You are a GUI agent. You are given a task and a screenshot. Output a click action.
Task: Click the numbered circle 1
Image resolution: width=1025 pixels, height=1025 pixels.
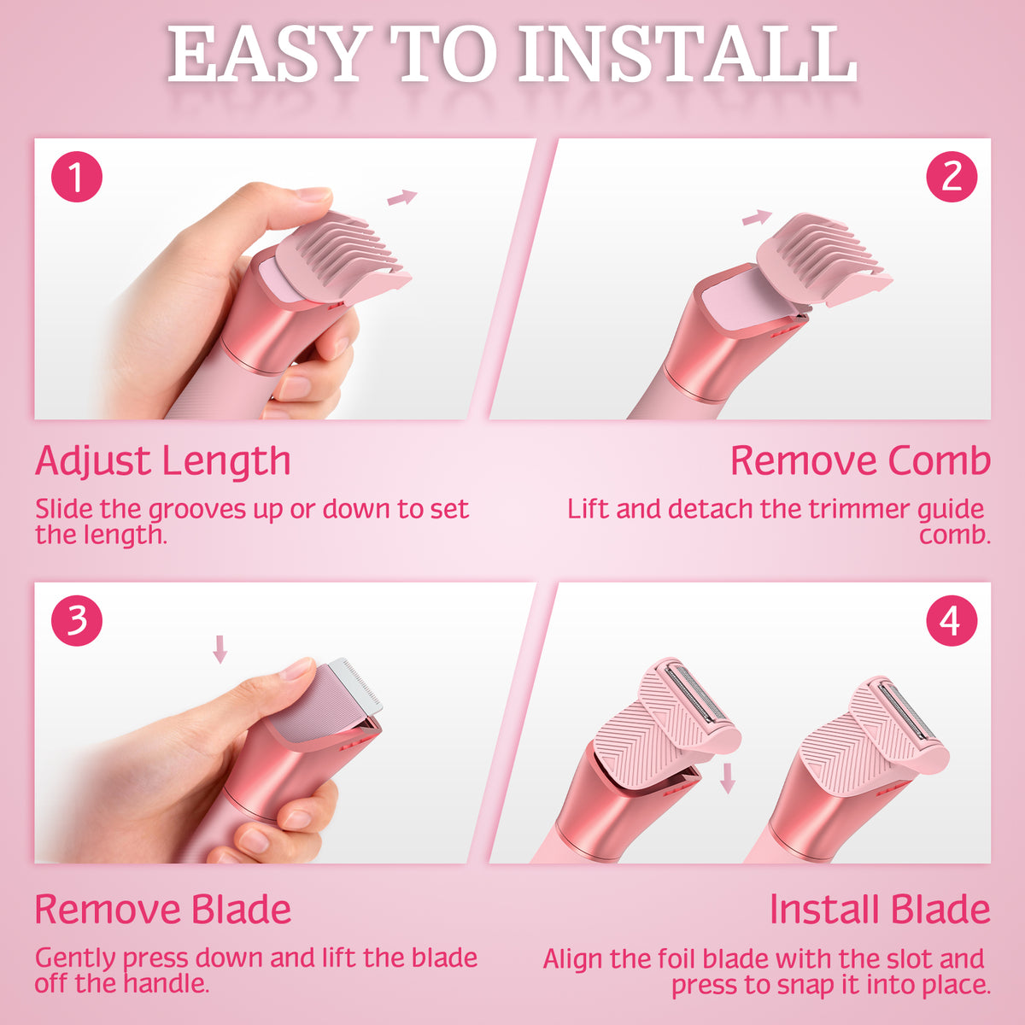click(77, 177)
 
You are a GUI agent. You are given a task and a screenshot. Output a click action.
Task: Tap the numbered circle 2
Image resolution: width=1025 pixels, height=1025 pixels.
click(952, 177)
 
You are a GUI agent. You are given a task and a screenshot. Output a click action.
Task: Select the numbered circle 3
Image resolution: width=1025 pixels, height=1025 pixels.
click(77, 621)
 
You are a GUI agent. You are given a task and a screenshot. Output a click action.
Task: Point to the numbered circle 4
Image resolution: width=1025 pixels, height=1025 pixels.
click(952, 621)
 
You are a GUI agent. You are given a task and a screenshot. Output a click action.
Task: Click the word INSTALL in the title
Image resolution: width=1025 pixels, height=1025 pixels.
click(688, 55)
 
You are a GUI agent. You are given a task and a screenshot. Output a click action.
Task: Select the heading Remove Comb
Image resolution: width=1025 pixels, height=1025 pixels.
click(860, 460)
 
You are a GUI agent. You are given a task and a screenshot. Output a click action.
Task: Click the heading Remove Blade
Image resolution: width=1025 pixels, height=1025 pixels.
click(163, 909)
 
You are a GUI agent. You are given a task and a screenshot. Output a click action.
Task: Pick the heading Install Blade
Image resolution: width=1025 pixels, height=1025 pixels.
click(880, 909)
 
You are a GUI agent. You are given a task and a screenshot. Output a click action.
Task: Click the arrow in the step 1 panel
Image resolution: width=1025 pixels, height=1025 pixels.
click(402, 196)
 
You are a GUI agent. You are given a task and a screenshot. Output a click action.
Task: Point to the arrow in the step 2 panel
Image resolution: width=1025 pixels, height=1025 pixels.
click(757, 217)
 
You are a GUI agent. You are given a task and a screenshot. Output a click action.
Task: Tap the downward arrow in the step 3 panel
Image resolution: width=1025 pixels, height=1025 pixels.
click(220, 649)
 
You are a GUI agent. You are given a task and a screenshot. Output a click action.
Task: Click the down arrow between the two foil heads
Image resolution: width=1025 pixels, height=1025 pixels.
click(727, 779)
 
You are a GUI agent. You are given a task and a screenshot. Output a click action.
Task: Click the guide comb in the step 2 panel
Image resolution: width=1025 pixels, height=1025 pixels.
click(823, 260)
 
